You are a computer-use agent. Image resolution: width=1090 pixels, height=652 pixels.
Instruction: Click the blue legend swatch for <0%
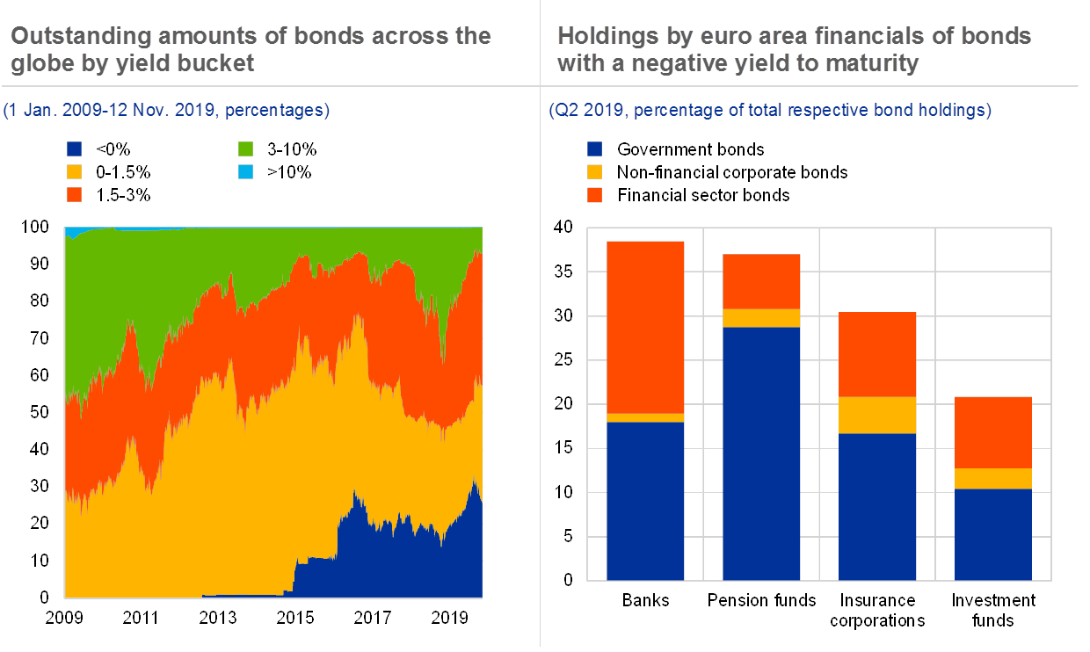75,150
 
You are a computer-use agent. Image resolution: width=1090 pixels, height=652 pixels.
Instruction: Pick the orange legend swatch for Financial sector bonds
594,194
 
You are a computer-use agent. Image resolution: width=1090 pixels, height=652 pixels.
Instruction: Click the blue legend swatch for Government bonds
594,149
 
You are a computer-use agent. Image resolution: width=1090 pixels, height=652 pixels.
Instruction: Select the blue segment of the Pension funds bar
761,453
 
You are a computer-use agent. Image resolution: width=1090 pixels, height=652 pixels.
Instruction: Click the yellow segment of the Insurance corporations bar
877,415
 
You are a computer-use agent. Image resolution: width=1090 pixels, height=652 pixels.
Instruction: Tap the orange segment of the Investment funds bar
992,432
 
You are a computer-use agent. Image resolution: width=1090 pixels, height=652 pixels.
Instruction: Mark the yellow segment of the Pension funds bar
761,318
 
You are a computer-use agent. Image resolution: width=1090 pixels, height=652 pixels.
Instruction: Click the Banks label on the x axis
646,601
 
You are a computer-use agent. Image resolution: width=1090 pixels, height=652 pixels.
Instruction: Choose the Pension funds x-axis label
761,601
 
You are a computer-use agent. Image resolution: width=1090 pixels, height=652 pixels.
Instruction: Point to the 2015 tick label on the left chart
294,618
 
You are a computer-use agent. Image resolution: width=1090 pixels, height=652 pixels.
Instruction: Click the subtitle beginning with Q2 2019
769,111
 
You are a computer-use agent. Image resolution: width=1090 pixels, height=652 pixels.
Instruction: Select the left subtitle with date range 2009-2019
167,111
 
